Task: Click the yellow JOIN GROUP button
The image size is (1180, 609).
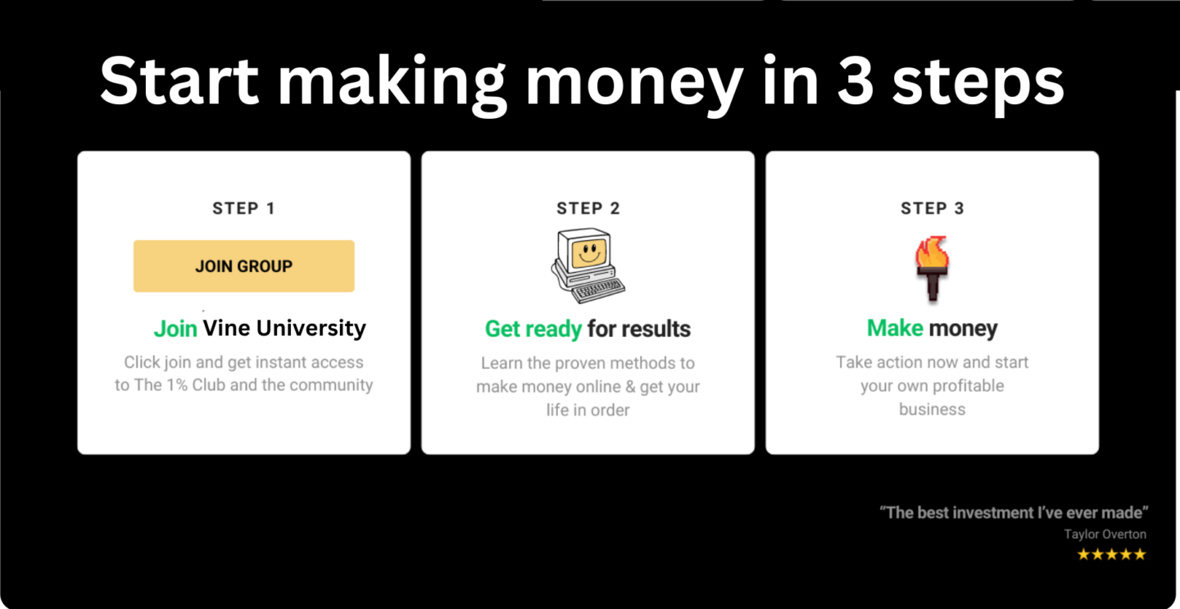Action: click(x=244, y=266)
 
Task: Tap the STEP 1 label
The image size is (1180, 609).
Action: click(x=244, y=209)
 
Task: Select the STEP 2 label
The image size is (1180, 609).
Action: click(x=588, y=209)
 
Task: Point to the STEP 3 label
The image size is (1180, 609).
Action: click(x=933, y=209)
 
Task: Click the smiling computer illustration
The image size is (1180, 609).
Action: click(x=588, y=266)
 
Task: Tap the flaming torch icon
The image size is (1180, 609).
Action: click(x=932, y=268)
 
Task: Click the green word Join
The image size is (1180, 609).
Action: click(x=175, y=329)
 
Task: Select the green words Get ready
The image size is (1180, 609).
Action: click(x=533, y=329)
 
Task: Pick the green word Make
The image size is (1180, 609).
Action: click(x=895, y=328)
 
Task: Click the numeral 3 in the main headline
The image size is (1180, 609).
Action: click(x=855, y=82)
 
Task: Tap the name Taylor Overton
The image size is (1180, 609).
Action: click(x=1105, y=534)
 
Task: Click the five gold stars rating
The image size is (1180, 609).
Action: click(x=1111, y=554)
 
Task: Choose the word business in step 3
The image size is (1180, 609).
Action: click(x=932, y=409)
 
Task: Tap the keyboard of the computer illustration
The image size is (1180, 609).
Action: click(x=598, y=290)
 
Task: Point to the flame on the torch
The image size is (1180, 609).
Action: click(x=932, y=252)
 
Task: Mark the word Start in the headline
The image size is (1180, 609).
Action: click(x=179, y=82)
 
